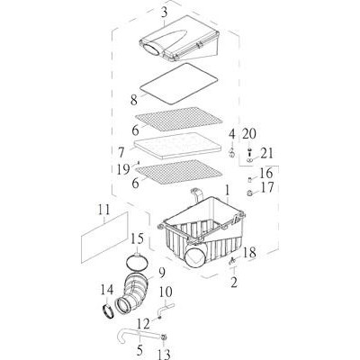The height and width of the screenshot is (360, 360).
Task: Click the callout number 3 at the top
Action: [x=164, y=13]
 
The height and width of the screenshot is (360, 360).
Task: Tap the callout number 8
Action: [x=134, y=100]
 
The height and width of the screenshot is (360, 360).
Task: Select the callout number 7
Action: [x=121, y=152]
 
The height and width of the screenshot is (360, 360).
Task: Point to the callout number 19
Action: [x=123, y=169]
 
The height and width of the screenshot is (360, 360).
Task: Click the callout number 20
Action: [x=249, y=134]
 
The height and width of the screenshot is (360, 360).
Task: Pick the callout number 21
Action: [x=267, y=153]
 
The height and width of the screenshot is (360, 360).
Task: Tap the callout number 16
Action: [x=266, y=174]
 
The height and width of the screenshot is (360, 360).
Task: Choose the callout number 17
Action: [x=267, y=187]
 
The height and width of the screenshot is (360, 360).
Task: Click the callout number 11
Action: [x=104, y=210]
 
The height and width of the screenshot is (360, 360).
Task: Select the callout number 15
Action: [x=137, y=238]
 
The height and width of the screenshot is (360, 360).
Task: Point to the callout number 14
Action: [x=107, y=290]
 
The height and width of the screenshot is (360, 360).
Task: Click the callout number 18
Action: [x=249, y=253]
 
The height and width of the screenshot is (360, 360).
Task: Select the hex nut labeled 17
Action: [x=249, y=193]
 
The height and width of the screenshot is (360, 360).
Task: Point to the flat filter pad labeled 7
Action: [x=175, y=146]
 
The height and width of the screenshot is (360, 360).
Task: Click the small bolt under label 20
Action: [x=249, y=151]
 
